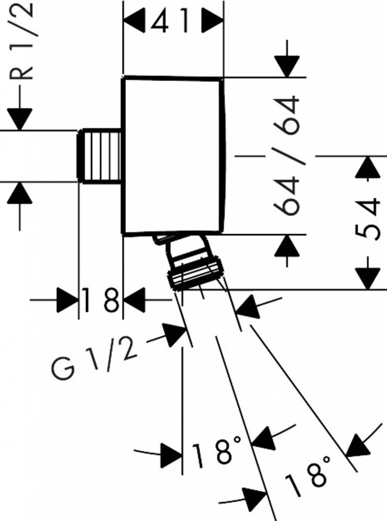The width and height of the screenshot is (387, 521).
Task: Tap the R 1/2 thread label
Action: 23,41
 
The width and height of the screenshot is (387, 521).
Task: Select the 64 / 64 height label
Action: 286,155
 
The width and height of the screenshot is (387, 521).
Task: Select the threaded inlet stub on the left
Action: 100,155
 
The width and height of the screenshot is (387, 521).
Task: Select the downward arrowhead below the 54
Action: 368,277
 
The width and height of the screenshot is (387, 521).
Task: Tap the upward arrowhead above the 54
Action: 368,167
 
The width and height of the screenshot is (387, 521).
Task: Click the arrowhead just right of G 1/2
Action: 175,335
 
